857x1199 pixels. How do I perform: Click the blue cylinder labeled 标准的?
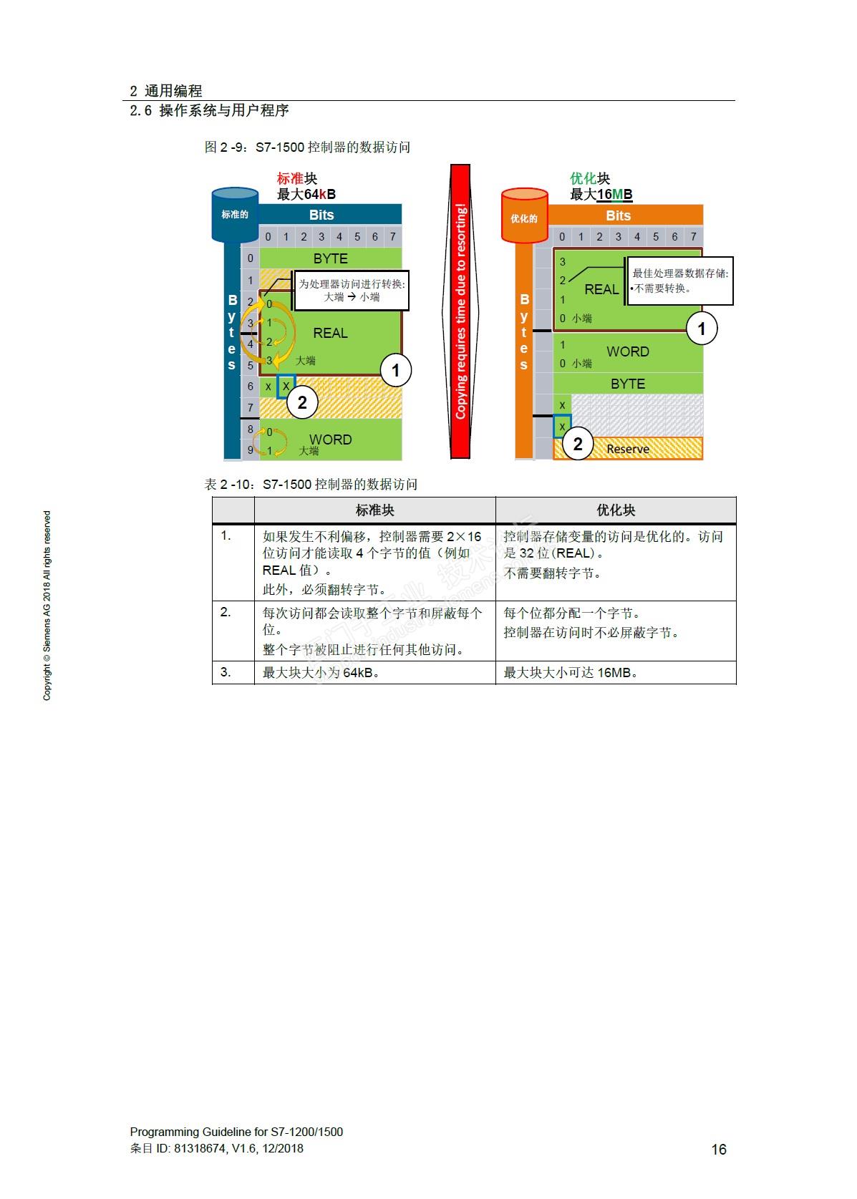tap(235, 214)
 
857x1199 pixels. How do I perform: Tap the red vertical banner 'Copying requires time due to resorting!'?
tap(460, 311)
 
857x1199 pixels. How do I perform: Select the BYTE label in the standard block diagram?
tap(330, 258)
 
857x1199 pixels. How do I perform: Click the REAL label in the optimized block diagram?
tap(601, 289)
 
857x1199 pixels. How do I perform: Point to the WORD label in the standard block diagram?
tap(330, 440)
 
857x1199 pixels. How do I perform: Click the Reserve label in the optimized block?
tap(628, 449)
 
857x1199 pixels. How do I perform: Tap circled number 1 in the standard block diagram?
tap(395, 371)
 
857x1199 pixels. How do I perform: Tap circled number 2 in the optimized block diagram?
tap(578, 444)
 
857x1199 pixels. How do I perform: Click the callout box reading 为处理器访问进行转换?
tap(352, 290)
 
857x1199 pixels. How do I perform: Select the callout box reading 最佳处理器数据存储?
tap(679, 281)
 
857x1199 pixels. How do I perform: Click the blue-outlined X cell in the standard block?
tap(286, 387)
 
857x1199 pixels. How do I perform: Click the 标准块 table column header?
tap(374, 510)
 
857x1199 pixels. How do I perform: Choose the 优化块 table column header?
tap(615, 510)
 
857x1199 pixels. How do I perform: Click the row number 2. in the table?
tap(226, 613)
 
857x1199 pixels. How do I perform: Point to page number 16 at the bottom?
tap(718, 1149)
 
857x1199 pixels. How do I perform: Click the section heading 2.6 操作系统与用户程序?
tap(209, 111)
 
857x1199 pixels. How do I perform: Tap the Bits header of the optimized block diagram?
tap(618, 215)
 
